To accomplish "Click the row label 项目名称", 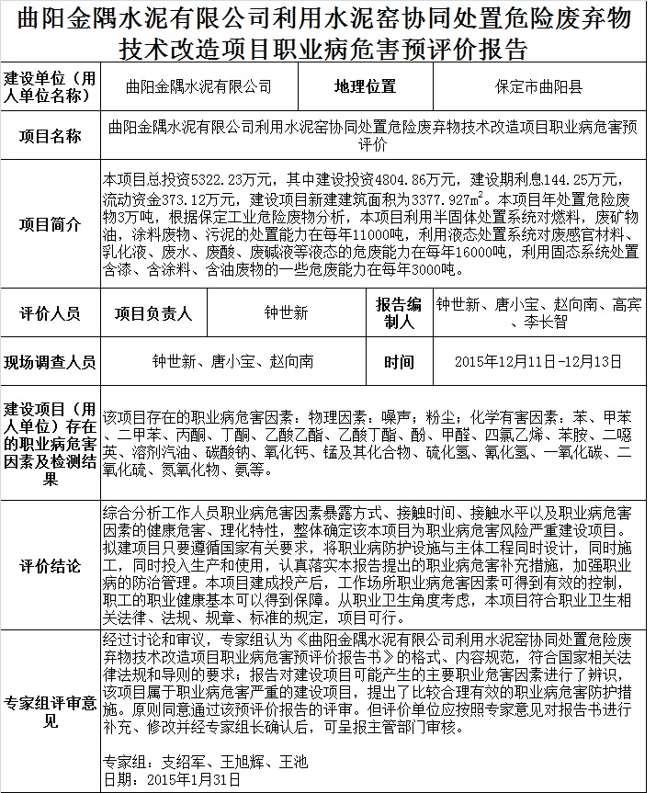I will click(51, 137).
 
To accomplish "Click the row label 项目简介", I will click(51, 225).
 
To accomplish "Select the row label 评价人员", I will click(51, 313).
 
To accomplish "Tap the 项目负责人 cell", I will click(153, 313).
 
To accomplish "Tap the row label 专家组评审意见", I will click(51, 712).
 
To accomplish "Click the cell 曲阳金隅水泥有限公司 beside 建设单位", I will click(199, 87).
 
